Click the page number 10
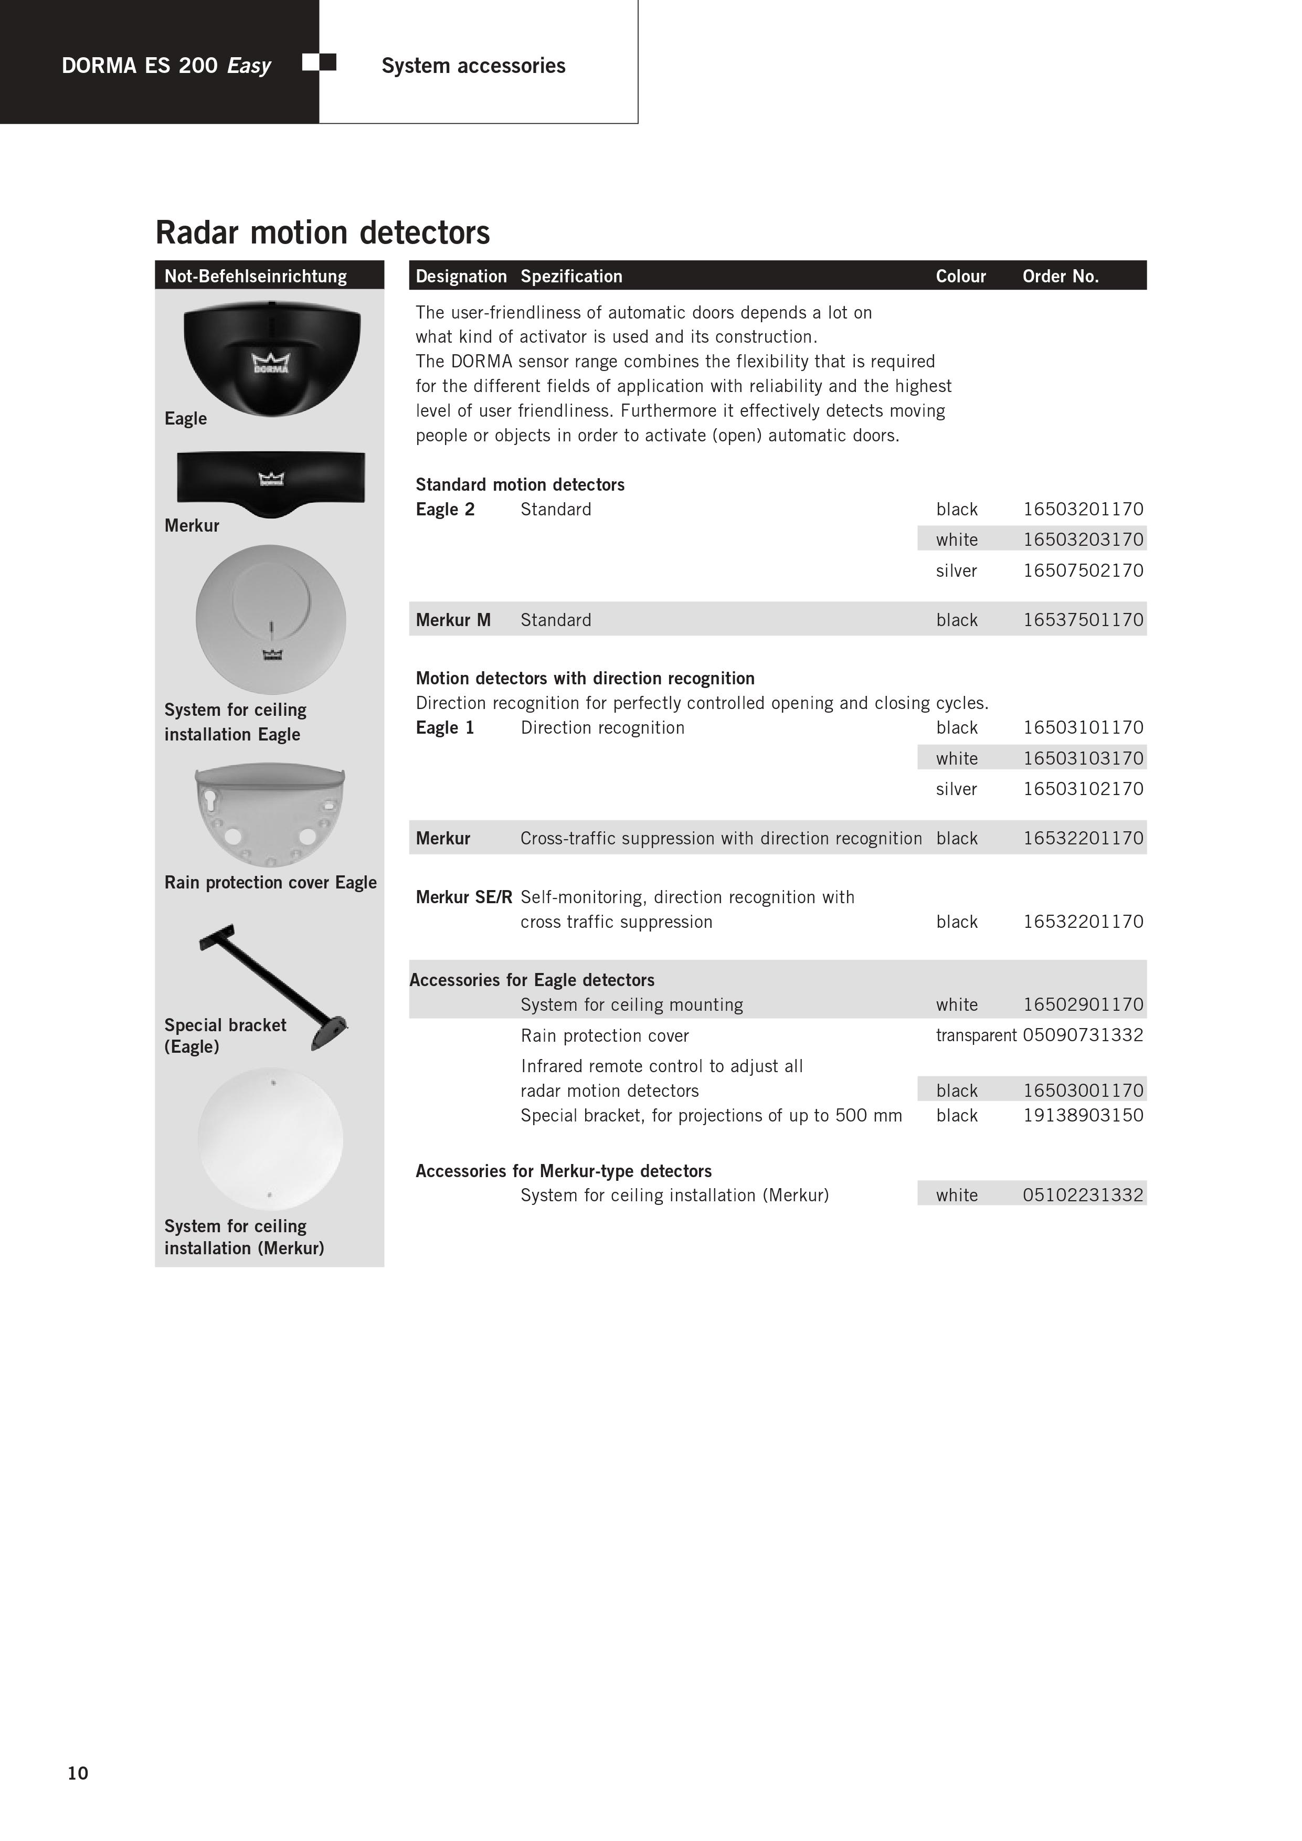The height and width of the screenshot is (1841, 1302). tap(78, 1773)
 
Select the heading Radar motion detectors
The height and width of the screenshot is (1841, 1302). tap(322, 232)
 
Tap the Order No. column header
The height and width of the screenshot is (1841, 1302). tap(1060, 277)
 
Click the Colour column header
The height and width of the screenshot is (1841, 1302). tap(960, 277)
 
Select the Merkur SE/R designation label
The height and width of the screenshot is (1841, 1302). tap(463, 897)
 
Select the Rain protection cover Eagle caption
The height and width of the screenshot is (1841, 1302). tap(270, 883)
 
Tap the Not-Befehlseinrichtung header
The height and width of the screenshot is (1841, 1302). tap(256, 277)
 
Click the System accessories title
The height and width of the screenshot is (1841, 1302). tap(473, 66)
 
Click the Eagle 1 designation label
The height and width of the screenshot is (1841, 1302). tap(445, 727)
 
